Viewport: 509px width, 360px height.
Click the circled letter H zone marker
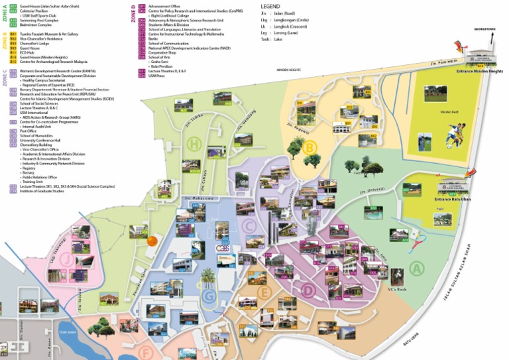pyautogui.click(x=194, y=144)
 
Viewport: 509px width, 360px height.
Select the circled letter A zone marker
pyautogui.click(x=416, y=269)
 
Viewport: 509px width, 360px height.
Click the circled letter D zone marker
pyautogui.click(x=308, y=289)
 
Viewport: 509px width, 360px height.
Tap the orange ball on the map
pyautogui.click(x=152, y=241)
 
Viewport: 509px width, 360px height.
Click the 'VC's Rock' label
pyautogui.click(x=396, y=290)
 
